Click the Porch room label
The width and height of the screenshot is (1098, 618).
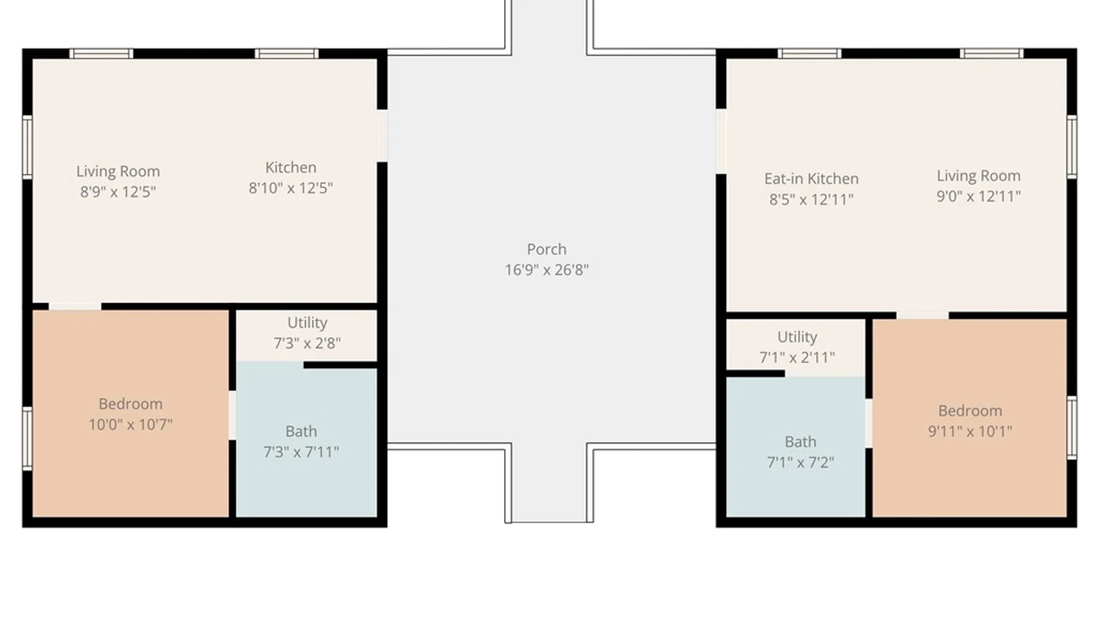(547, 249)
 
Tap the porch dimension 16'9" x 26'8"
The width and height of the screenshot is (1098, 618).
(547, 270)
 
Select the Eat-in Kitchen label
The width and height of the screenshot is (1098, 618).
(811, 179)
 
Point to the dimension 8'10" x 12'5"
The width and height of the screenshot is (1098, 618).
(291, 188)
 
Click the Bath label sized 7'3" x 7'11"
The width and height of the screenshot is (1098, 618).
(301, 431)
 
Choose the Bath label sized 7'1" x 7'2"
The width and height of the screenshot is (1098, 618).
(801, 442)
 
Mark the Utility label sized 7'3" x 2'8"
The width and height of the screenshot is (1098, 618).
(307, 323)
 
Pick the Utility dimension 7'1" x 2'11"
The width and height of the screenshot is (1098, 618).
(797, 358)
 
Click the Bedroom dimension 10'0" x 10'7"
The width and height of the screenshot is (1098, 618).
(130, 425)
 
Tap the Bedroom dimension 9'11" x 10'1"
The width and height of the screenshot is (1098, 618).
(970, 431)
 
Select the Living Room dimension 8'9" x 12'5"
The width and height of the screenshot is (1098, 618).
(118, 192)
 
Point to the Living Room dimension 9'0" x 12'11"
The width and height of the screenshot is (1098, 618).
(978, 196)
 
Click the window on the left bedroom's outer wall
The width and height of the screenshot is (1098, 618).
(27, 438)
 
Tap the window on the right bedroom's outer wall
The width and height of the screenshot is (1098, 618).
(1072, 427)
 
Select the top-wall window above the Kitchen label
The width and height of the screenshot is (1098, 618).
(287, 54)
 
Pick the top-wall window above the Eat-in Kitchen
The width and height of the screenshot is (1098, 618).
(809, 54)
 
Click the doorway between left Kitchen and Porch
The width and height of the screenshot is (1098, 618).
(382, 136)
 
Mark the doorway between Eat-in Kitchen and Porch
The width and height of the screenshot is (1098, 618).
(721, 141)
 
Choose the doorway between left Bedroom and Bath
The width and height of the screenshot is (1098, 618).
(232, 415)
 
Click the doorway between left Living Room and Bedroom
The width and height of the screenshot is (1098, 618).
(75, 307)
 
